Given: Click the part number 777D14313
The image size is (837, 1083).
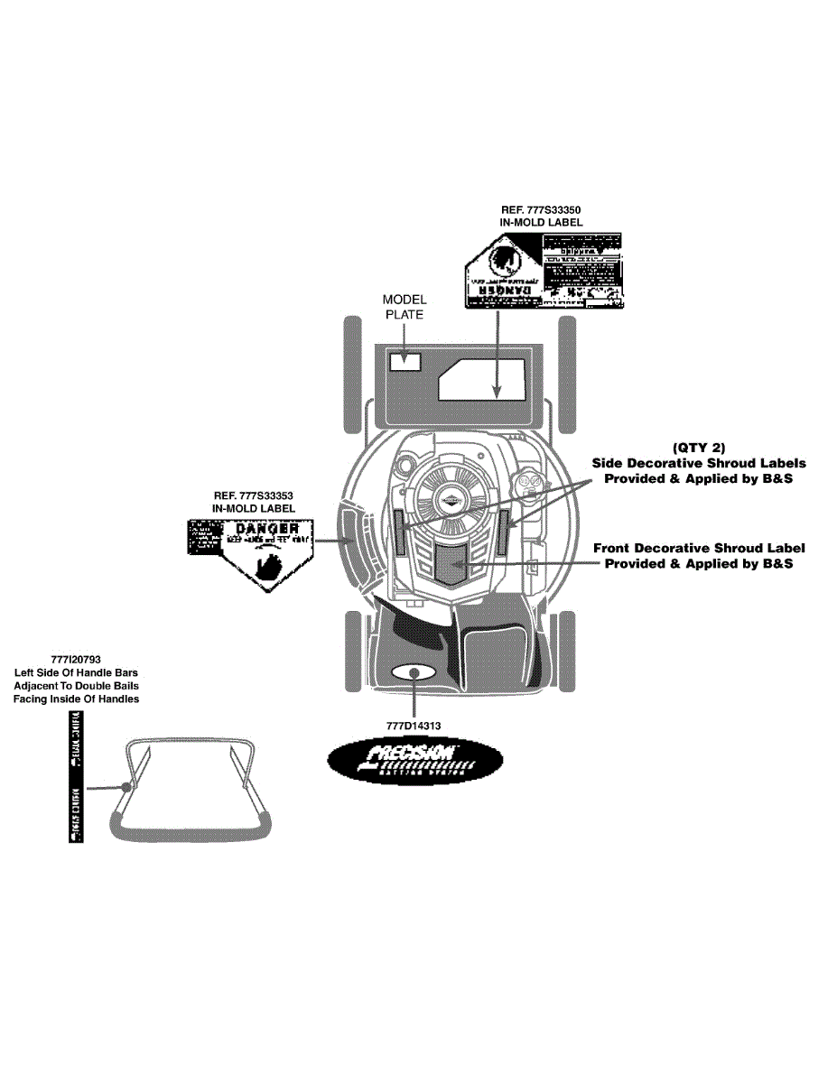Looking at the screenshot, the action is [414, 725].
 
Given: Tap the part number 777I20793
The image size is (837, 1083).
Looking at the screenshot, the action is [77, 660].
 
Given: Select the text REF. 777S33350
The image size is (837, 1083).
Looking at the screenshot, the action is [542, 208].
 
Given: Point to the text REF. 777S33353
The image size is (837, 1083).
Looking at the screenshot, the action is [254, 495].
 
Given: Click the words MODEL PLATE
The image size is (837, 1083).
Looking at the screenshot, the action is [404, 307].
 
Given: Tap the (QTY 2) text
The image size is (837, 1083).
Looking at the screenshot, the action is [699, 448].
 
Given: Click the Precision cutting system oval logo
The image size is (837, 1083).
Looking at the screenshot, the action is [414, 764].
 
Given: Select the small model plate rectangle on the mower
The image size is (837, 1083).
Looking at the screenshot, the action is [405, 361].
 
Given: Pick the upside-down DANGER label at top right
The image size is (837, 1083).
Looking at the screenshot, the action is [544, 270].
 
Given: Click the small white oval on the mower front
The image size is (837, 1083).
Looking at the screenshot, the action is [414, 673].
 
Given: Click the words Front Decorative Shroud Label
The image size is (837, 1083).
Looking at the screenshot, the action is [699, 549].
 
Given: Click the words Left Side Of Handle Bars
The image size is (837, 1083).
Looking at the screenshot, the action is [77, 673].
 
